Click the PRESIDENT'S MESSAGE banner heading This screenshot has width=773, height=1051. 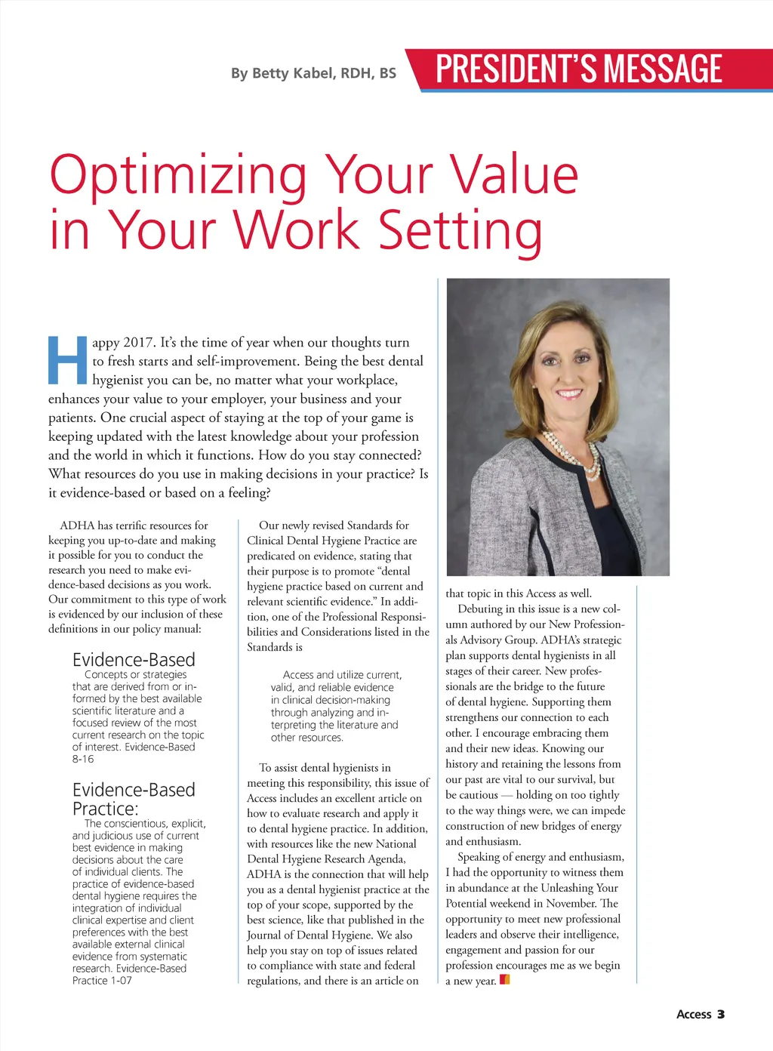(579, 69)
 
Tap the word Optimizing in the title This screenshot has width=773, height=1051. (178, 175)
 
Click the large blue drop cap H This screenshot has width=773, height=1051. (67, 359)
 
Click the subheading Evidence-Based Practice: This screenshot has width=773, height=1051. (133, 799)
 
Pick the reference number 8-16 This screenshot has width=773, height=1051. (83, 759)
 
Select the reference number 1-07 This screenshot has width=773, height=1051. (121, 980)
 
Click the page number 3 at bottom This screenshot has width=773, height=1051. (721, 1014)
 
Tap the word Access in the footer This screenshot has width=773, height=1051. (694, 1014)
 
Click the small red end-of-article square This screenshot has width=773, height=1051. (505, 980)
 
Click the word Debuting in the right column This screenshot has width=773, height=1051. (480, 609)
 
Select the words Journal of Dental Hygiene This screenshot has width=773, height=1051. (310, 935)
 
